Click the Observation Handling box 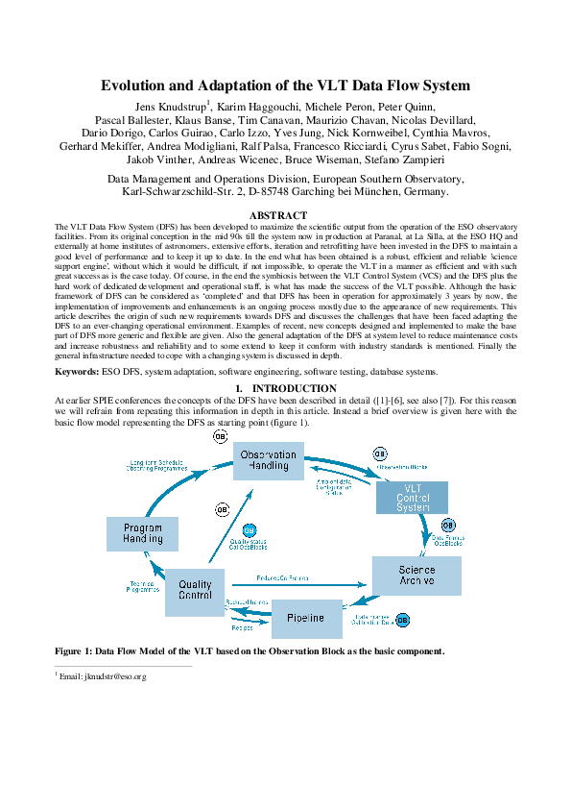[269, 460]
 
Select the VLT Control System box [386, 496]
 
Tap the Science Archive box [416, 576]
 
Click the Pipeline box [306, 618]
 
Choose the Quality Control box [196, 589]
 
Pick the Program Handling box [143, 533]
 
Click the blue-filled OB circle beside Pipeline [402, 620]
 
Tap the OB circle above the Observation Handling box [221, 436]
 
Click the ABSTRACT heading [278, 215]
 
